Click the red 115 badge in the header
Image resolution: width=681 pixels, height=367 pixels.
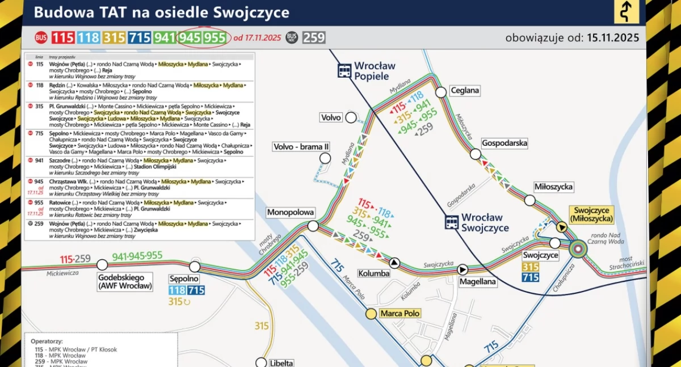63,38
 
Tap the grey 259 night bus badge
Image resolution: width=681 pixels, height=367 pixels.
313,38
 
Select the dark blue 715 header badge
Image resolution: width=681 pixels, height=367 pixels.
140,38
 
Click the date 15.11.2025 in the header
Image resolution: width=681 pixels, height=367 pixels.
613,38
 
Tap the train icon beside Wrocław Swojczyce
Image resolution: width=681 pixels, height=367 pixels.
452,222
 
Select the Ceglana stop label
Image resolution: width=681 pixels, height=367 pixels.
465,90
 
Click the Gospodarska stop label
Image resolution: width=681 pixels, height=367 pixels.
504,144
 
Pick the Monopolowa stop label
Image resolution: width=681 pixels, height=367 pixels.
291,213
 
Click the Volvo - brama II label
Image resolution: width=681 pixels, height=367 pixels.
301,147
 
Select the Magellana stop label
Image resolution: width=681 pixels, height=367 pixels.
478,282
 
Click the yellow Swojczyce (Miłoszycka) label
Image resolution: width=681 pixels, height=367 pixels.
593,214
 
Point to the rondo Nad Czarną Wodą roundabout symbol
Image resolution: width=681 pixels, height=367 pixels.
578,248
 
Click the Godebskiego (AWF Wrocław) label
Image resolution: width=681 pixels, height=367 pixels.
125,282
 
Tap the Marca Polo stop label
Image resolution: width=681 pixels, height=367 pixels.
400,314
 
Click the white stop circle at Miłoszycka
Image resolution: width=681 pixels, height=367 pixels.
529,200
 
